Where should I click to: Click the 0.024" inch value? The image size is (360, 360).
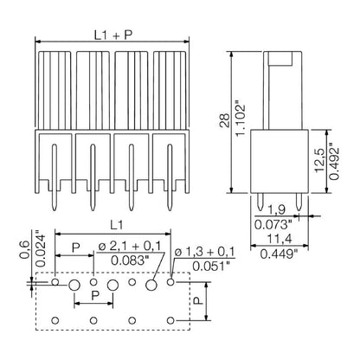pos(25,247)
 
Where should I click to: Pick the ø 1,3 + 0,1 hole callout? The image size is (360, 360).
pos(204,252)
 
